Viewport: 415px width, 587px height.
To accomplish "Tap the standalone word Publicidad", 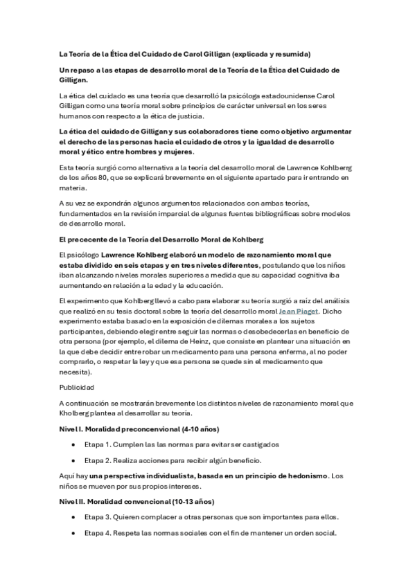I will tap(76, 387).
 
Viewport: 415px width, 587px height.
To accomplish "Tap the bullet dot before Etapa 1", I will tap(73, 444).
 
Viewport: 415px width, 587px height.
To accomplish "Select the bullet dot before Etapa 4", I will tap(73, 533).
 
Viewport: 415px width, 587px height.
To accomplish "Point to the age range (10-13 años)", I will tap(189, 501).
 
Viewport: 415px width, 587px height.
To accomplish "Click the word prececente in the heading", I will tap(87, 240).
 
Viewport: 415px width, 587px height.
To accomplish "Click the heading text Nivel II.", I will tap(71, 501).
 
